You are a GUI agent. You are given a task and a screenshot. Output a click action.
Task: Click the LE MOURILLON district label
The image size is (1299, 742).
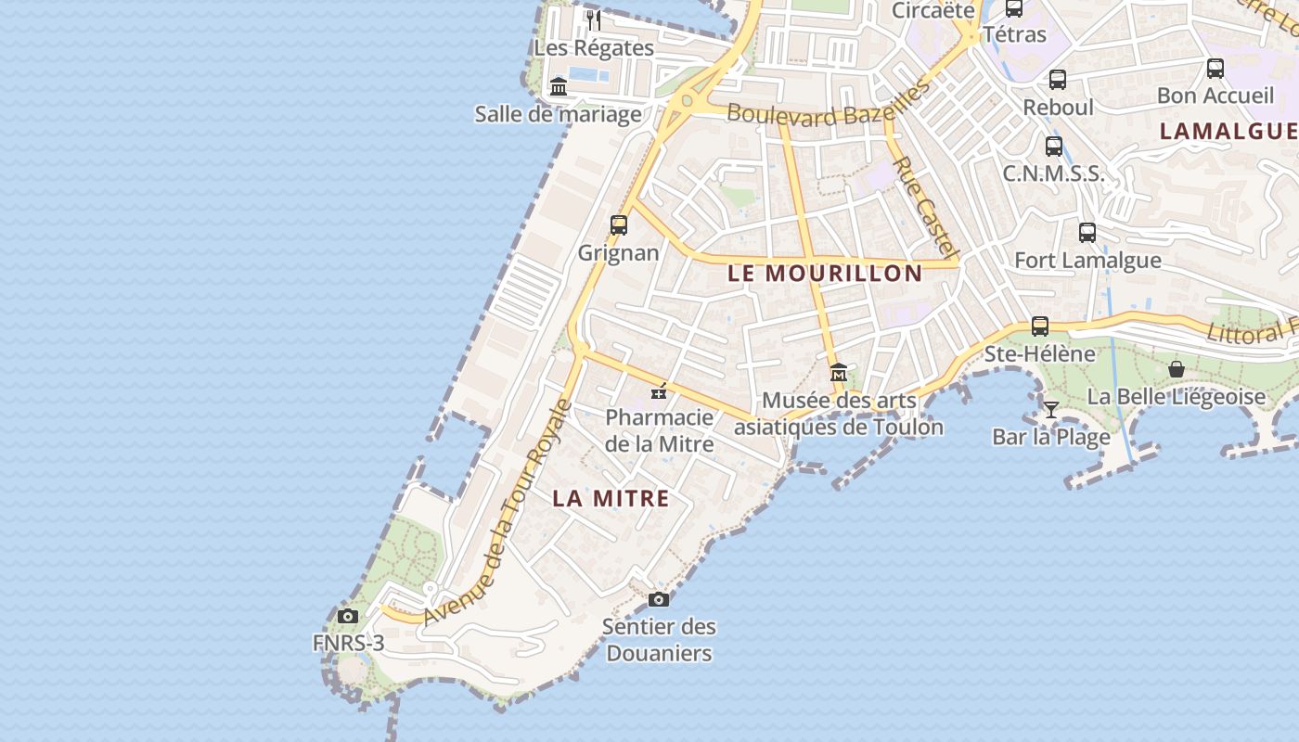tap(825, 273)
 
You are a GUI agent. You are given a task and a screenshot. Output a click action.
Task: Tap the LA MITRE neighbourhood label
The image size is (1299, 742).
tap(611, 498)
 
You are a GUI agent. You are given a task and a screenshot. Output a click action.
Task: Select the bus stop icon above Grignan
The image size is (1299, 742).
tap(619, 224)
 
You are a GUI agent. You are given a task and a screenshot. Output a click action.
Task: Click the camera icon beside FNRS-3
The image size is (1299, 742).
tap(348, 616)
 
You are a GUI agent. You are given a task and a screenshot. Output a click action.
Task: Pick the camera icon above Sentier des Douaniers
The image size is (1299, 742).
tap(659, 599)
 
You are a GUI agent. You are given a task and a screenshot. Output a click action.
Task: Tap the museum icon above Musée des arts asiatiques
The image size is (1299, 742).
tap(839, 373)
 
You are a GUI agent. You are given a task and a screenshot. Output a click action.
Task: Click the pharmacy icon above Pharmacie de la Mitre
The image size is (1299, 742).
tap(660, 392)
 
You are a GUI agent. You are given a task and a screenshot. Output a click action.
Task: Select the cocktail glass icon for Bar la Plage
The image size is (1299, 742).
tap(1050, 409)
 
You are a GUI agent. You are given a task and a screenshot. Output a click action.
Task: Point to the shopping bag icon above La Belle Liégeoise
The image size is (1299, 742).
tap(1177, 369)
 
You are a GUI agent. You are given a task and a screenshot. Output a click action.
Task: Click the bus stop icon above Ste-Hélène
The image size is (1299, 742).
tap(1040, 326)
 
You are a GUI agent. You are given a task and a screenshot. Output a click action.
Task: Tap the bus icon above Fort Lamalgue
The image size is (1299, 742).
tap(1087, 233)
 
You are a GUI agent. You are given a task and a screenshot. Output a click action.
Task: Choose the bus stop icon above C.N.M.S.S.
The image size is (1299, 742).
tap(1054, 146)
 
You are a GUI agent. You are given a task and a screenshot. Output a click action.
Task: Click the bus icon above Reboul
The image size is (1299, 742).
tap(1058, 80)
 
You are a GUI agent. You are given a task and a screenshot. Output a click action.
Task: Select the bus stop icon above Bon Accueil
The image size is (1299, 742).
tap(1215, 68)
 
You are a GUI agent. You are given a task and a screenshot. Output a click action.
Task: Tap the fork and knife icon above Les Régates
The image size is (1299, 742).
tap(594, 19)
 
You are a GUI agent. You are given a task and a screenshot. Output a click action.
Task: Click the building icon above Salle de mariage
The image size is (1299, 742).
tap(559, 86)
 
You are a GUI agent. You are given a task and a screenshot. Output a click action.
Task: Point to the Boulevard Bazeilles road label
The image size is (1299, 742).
tap(828, 104)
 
